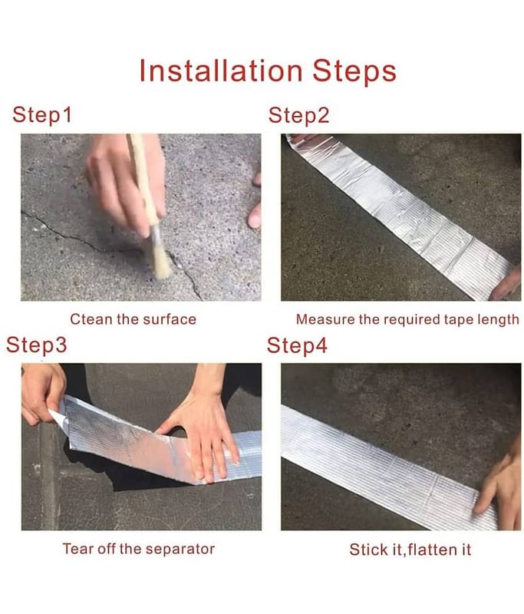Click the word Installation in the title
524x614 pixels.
(x=221, y=71)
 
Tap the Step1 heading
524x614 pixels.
(x=42, y=115)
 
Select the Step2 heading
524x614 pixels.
(x=298, y=116)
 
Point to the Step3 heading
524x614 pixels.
(x=36, y=345)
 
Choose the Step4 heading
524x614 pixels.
(x=297, y=345)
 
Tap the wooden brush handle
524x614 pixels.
(x=143, y=181)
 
